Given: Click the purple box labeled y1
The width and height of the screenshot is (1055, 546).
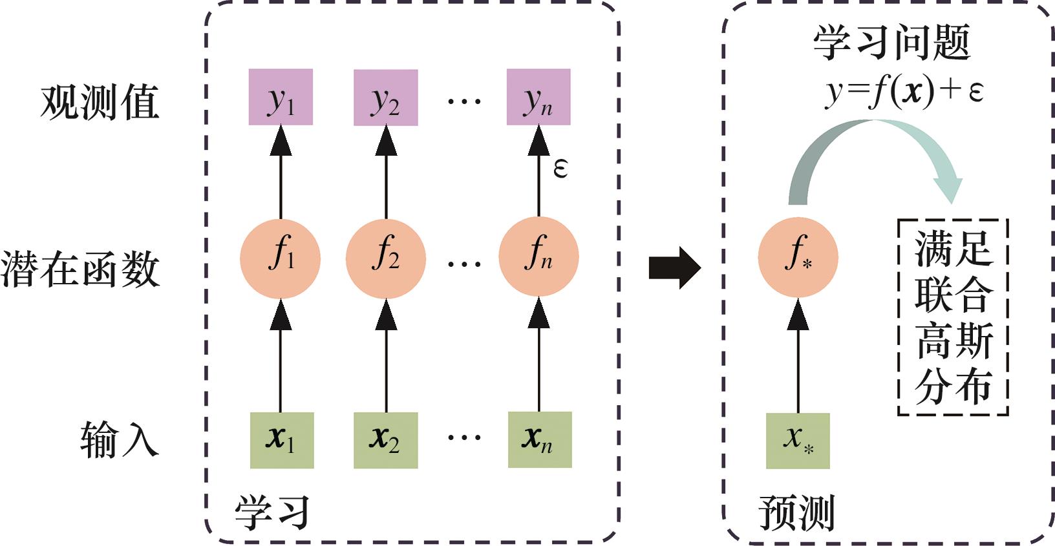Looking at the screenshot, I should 281,97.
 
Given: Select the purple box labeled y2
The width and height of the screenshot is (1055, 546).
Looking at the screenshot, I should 385,98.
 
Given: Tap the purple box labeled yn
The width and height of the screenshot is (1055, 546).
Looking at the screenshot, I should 538,97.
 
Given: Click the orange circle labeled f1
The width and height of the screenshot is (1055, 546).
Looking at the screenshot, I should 280,258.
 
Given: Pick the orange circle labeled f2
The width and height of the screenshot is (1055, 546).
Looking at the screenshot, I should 386,258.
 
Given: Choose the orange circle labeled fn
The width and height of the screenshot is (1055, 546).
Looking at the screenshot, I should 538,257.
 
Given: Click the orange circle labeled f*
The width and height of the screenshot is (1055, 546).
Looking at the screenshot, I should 798,257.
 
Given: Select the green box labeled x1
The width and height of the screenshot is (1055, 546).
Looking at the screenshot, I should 282,440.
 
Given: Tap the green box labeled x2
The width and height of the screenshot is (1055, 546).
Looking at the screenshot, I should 385,440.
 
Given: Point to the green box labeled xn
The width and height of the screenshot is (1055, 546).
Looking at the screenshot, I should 540,439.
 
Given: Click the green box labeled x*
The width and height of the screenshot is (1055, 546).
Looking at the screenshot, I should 798,441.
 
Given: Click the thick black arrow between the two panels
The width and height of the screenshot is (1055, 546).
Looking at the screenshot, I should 674,267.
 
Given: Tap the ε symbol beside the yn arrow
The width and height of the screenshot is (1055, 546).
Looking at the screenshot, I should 560,169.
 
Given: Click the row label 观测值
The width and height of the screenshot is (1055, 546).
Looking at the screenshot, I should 100,101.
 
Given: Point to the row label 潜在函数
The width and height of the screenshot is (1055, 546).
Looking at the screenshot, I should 80,268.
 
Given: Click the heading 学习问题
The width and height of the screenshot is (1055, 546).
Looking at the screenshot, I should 891,43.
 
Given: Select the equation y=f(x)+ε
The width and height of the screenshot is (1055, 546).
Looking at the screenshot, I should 904,90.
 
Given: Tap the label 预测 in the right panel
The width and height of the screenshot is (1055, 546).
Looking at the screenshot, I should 796,513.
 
